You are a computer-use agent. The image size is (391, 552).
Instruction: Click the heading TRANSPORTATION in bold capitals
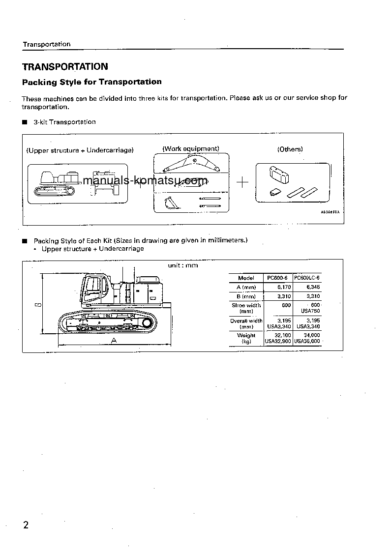point(65,67)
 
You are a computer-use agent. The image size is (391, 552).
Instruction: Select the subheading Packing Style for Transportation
point(91,82)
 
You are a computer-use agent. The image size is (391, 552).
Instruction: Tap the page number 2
point(26,525)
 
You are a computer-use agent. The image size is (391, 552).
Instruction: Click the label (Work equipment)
point(191,148)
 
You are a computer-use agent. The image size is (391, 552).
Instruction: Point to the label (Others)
point(290,149)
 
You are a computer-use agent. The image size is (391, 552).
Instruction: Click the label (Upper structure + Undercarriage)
point(80,150)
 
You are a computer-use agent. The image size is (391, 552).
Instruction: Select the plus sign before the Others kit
point(242,183)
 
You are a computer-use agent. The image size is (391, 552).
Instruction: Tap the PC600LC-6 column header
point(307,278)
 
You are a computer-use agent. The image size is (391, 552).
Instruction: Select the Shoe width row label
point(246,308)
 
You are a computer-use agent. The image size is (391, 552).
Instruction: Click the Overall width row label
point(246,323)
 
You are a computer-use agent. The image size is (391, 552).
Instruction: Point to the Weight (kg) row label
point(246,338)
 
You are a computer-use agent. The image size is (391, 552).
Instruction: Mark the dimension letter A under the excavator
point(114,340)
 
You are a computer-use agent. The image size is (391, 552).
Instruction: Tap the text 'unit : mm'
point(182,265)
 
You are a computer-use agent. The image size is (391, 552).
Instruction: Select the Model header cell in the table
point(246,278)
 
